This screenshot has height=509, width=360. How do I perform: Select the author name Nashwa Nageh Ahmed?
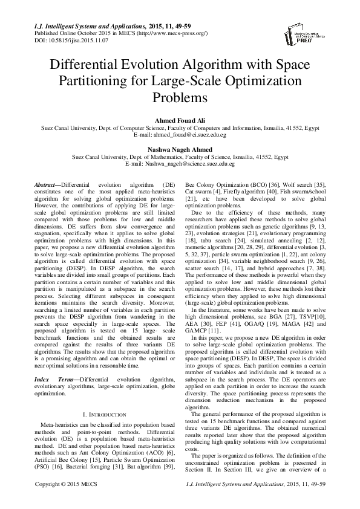180,149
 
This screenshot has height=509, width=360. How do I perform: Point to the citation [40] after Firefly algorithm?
272,190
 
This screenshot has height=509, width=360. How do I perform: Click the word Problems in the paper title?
180,97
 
